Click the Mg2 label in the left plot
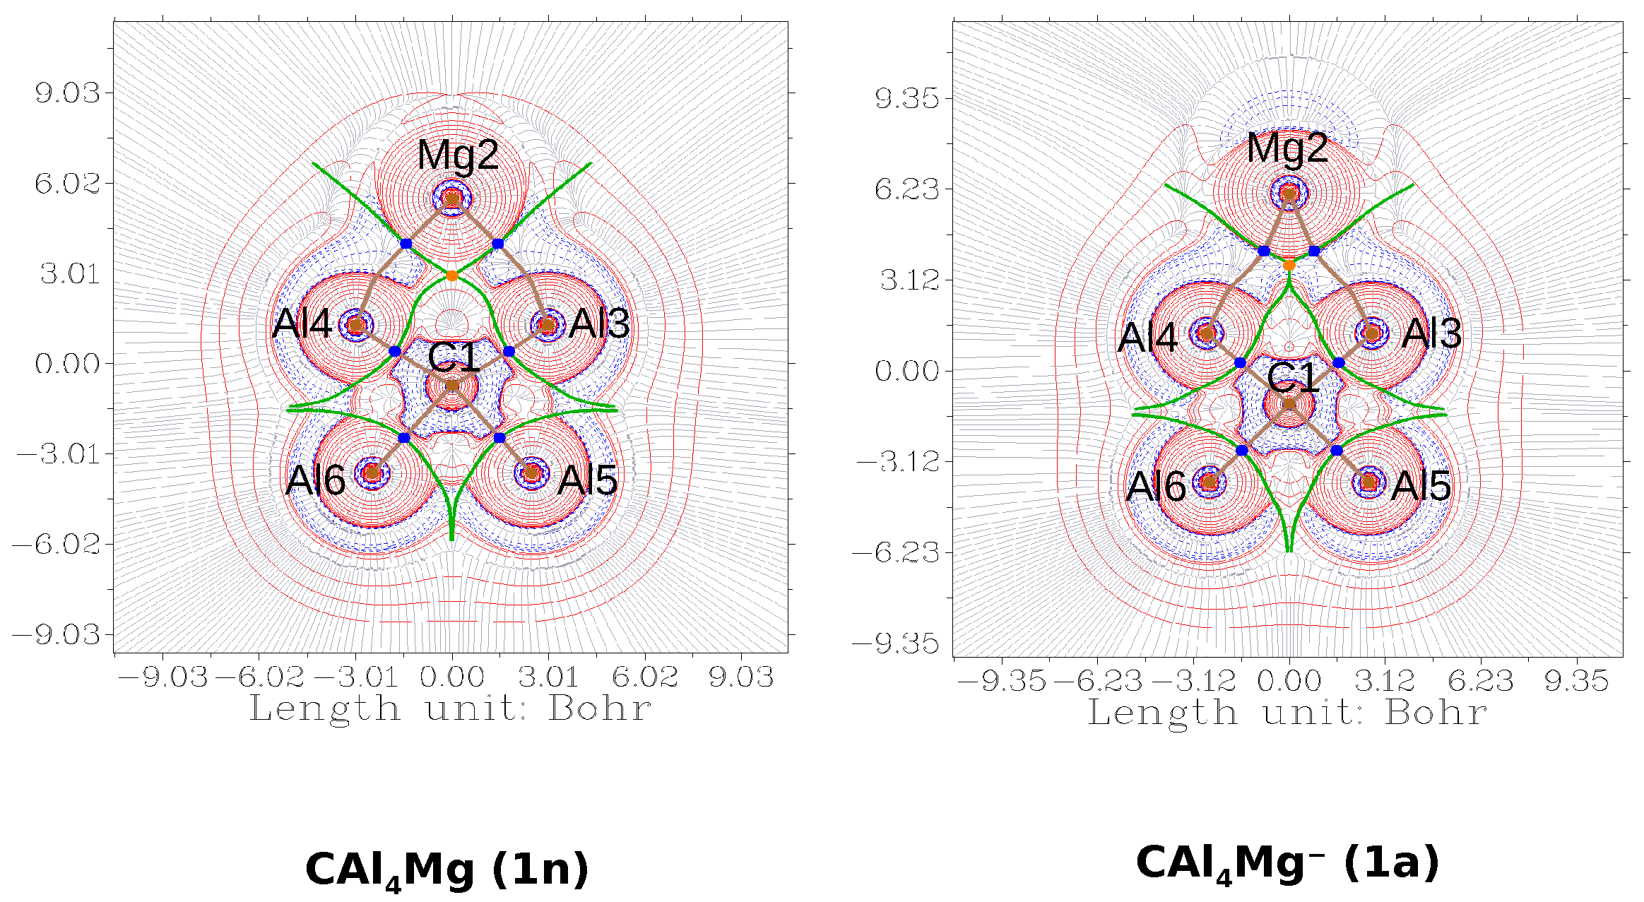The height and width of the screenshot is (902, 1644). (x=458, y=155)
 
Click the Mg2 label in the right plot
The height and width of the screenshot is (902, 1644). (x=1287, y=149)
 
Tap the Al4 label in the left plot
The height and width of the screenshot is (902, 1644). (x=302, y=324)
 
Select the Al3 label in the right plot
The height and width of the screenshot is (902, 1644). (x=1431, y=333)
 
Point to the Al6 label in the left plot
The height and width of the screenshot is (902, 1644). (x=315, y=481)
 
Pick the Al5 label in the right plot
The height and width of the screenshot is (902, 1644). (x=1420, y=486)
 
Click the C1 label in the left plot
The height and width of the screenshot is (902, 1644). (x=454, y=358)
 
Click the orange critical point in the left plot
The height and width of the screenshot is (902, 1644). (x=452, y=275)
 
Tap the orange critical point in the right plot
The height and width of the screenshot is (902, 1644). (x=1289, y=265)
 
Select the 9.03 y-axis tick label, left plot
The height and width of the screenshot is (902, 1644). (x=68, y=93)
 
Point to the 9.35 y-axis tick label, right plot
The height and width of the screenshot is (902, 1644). (x=907, y=98)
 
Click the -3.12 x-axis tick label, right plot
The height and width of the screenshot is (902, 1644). (x=1194, y=681)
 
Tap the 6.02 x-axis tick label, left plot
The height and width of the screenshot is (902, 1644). (x=644, y=677)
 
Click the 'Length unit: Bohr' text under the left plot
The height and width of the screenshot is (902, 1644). (x=450, y=708)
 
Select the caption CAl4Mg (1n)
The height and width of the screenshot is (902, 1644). (x=447, y=870)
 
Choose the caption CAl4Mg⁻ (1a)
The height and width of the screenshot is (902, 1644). (x=1287, y=863)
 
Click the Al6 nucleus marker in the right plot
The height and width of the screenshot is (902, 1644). (x=1210, y=482)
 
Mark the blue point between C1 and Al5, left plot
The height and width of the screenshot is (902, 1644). (x=499, y=438)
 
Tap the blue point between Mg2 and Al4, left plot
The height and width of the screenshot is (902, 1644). (x=406, y=244)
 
